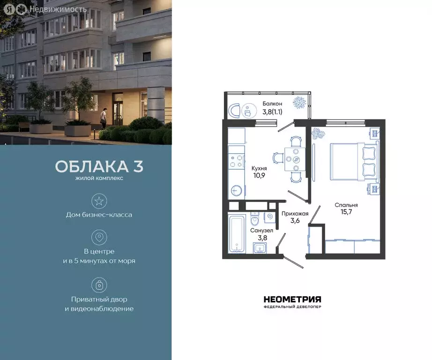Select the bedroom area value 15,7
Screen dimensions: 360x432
point(346,212)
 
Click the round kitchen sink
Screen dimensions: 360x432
point(238,191)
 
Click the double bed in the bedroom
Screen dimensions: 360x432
point(354,161)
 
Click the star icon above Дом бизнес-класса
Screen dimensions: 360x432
point(99,202)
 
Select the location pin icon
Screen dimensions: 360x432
point(99,237)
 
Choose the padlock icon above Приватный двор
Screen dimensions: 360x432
point(99,285)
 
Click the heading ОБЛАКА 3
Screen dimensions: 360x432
point(99,166)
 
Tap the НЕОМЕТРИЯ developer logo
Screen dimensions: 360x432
point(292,300)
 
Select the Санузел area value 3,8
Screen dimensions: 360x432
point(258,238)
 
